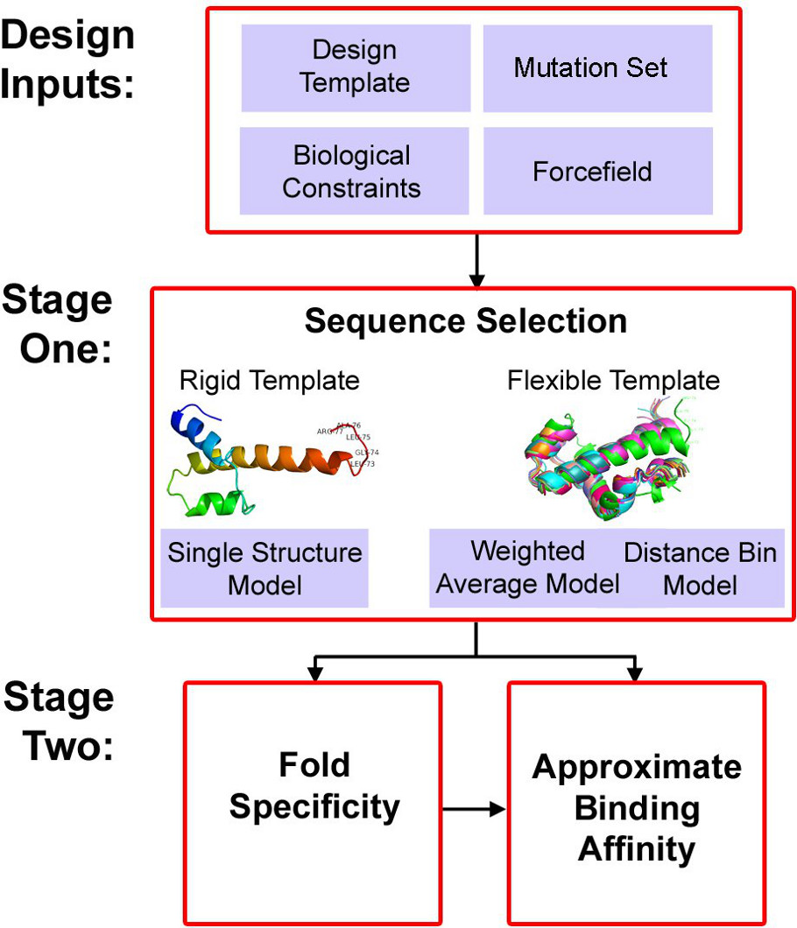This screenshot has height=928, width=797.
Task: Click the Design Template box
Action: click(355, 67)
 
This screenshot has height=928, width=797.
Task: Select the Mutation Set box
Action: click(597, 67)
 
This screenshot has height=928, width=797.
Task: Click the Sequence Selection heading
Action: click(465, 321)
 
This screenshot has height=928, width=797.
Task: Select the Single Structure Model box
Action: click(264, 568)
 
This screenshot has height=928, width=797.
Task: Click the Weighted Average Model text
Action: click(527, 567)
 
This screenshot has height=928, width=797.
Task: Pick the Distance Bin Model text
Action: click(699, 567)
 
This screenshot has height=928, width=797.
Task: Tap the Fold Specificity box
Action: click(313, 785)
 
